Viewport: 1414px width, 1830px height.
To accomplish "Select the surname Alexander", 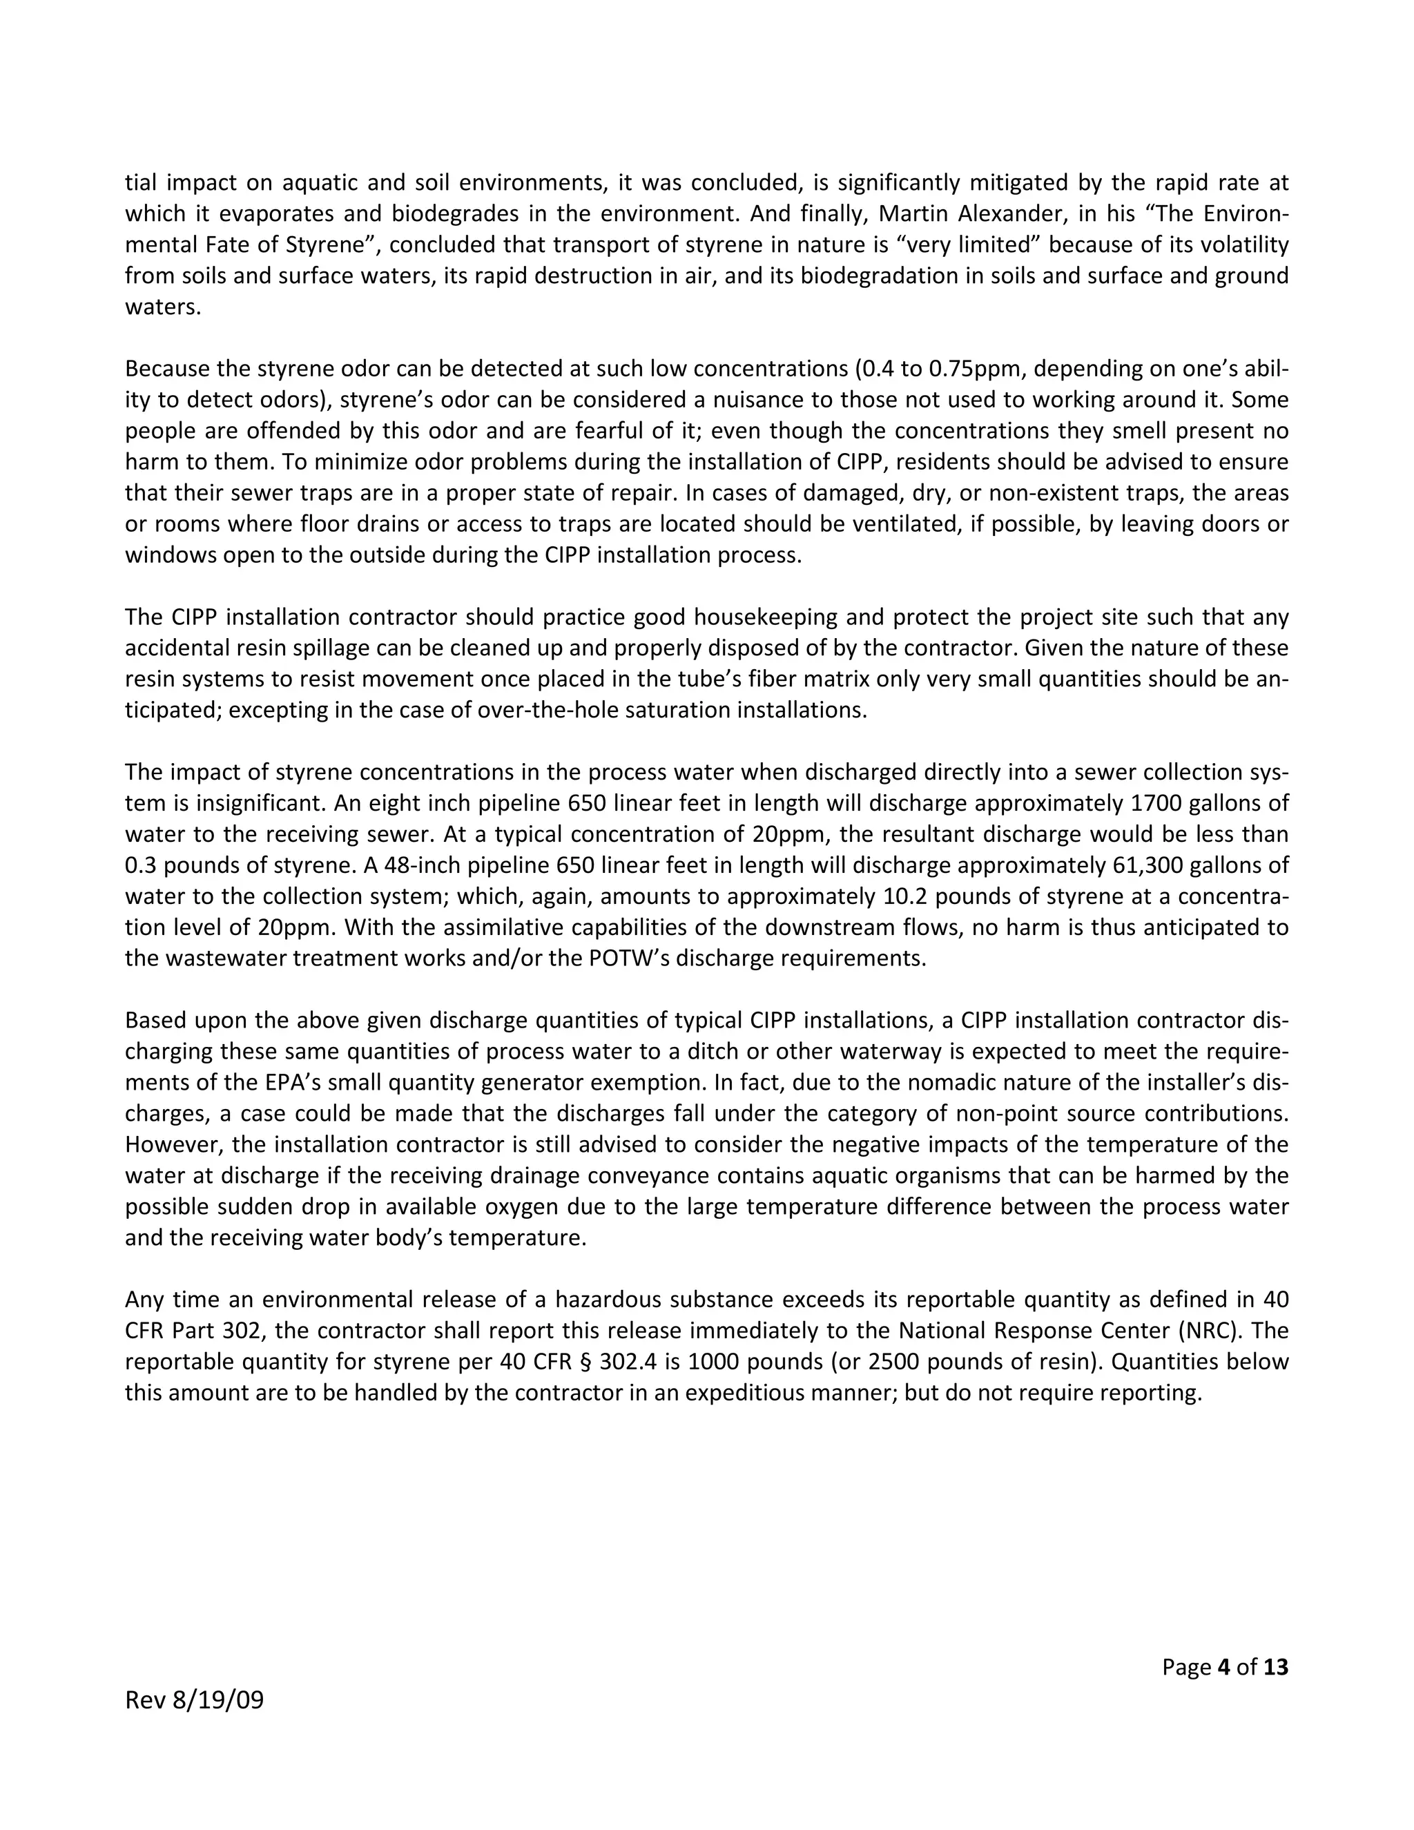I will [1009, 213].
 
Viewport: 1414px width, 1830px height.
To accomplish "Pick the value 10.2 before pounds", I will [904, 896].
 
